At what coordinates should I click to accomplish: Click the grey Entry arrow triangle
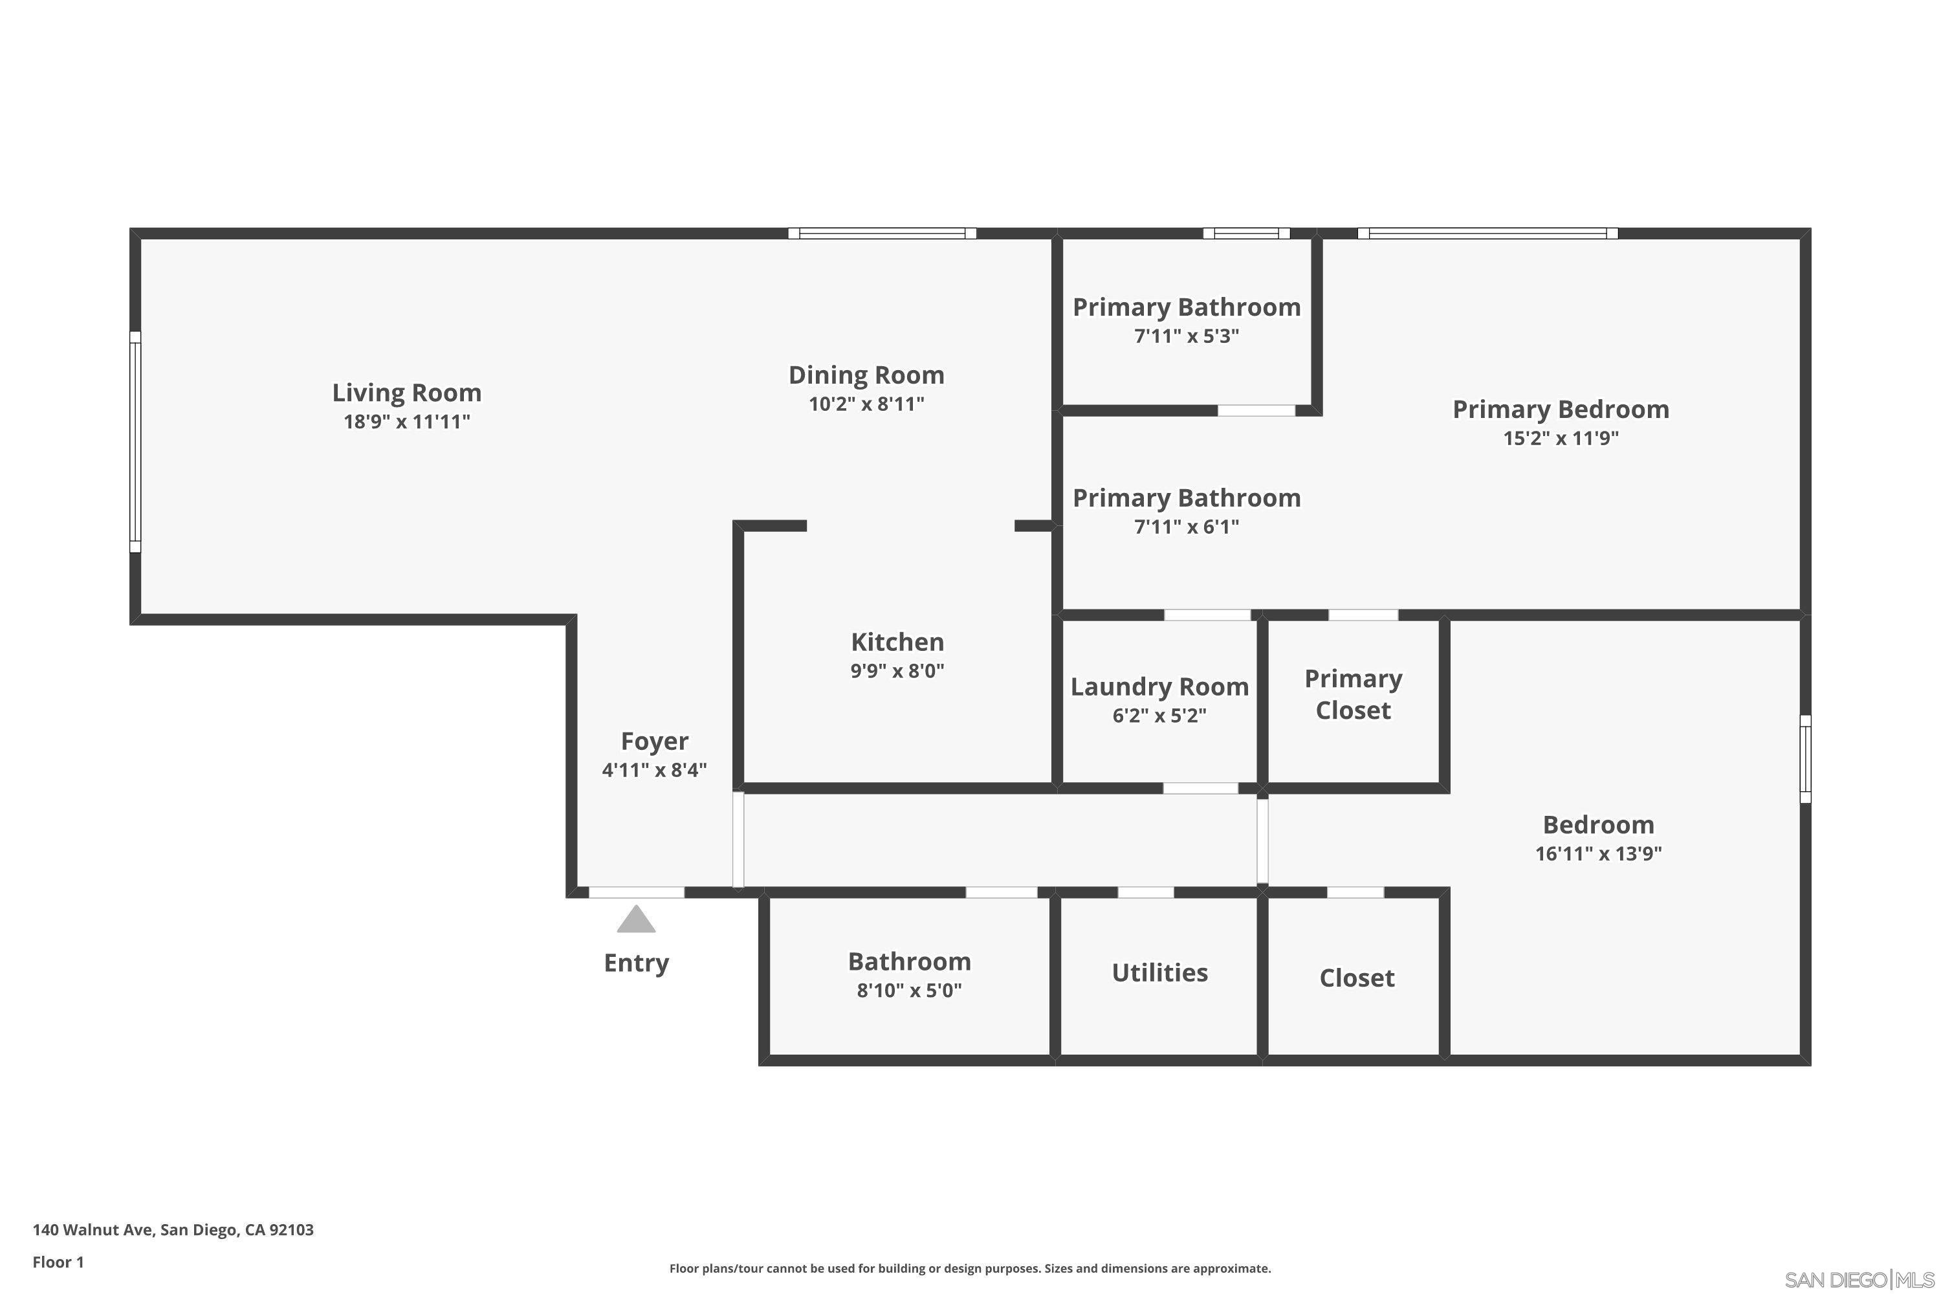(635, 920)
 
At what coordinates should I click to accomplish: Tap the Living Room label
(406, 393)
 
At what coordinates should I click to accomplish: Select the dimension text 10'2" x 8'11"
(866, 404)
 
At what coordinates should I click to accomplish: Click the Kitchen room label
(897, 642)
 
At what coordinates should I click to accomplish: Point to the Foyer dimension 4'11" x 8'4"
(653, 770)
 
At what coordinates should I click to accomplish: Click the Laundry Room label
(1159, 686)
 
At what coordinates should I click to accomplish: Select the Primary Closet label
(1353, 694)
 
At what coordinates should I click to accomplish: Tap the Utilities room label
(1159, 973)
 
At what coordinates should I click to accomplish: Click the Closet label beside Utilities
(1356, 978)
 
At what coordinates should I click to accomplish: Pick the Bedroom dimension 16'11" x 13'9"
(1597, 853)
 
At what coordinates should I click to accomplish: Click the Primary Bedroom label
(1560, 410)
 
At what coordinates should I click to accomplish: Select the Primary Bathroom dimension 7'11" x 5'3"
(1186, 336)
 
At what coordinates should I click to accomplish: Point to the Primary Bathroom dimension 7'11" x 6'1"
(1186, 527)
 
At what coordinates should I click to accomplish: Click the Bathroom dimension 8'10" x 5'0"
(908, 991)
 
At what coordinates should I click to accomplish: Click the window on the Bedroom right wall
(1805, 758)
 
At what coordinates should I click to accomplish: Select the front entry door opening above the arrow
(635, 892)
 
